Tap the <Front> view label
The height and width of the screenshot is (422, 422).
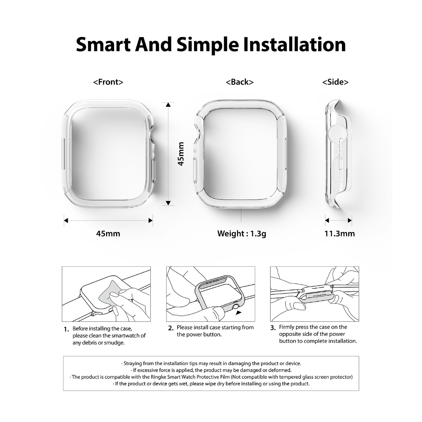click(108, 82)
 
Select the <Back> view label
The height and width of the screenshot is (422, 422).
click(239, 82)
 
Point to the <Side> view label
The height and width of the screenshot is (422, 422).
click(335, 82)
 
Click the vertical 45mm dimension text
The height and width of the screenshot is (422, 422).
click(181, 154)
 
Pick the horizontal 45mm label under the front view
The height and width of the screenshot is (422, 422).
click(108, 233)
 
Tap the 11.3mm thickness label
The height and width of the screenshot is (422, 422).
click(340, 233)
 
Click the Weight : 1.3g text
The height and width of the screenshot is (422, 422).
click(241, 233)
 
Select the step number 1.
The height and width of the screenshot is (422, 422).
click(66, 329)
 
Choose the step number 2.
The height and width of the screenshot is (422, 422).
click(171, 328)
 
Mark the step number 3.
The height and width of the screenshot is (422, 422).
click(273, 328)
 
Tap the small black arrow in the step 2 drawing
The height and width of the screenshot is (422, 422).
click(239, 313)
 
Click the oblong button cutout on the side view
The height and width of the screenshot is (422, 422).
click(340, 164)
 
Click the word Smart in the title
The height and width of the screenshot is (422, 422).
click(104, 45)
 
